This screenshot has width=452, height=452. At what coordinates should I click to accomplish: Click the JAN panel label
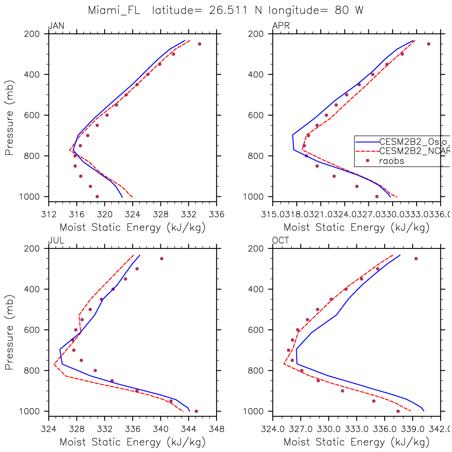click(x=56, y=26)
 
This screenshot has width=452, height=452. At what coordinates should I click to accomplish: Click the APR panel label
click(x=281, y=26)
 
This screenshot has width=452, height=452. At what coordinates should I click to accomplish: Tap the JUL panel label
click(x=56, y=241)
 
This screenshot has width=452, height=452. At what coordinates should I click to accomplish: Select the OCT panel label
click(x=281, y=241)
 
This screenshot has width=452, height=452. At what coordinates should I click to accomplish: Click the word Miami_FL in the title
click(x=114, y=11)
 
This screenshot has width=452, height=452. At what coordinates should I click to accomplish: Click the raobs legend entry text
click(x=391, y=161)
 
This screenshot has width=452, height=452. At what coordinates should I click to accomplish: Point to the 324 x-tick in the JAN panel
click(x=133, y=215)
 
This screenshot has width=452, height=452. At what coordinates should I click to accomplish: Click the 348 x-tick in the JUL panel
click(x=216, y=429)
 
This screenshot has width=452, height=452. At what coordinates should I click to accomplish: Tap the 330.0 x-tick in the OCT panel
click(x=329, y=429)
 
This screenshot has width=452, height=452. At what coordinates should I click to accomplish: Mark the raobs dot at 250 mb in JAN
click(x=200, y=44)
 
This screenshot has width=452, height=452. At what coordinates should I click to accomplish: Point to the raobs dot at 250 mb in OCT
click(x=416, y=258)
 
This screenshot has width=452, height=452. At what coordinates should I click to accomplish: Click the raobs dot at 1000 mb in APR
click(x=377, y=196)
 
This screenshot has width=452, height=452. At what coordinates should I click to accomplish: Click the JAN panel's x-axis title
click(x=133, y=228)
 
